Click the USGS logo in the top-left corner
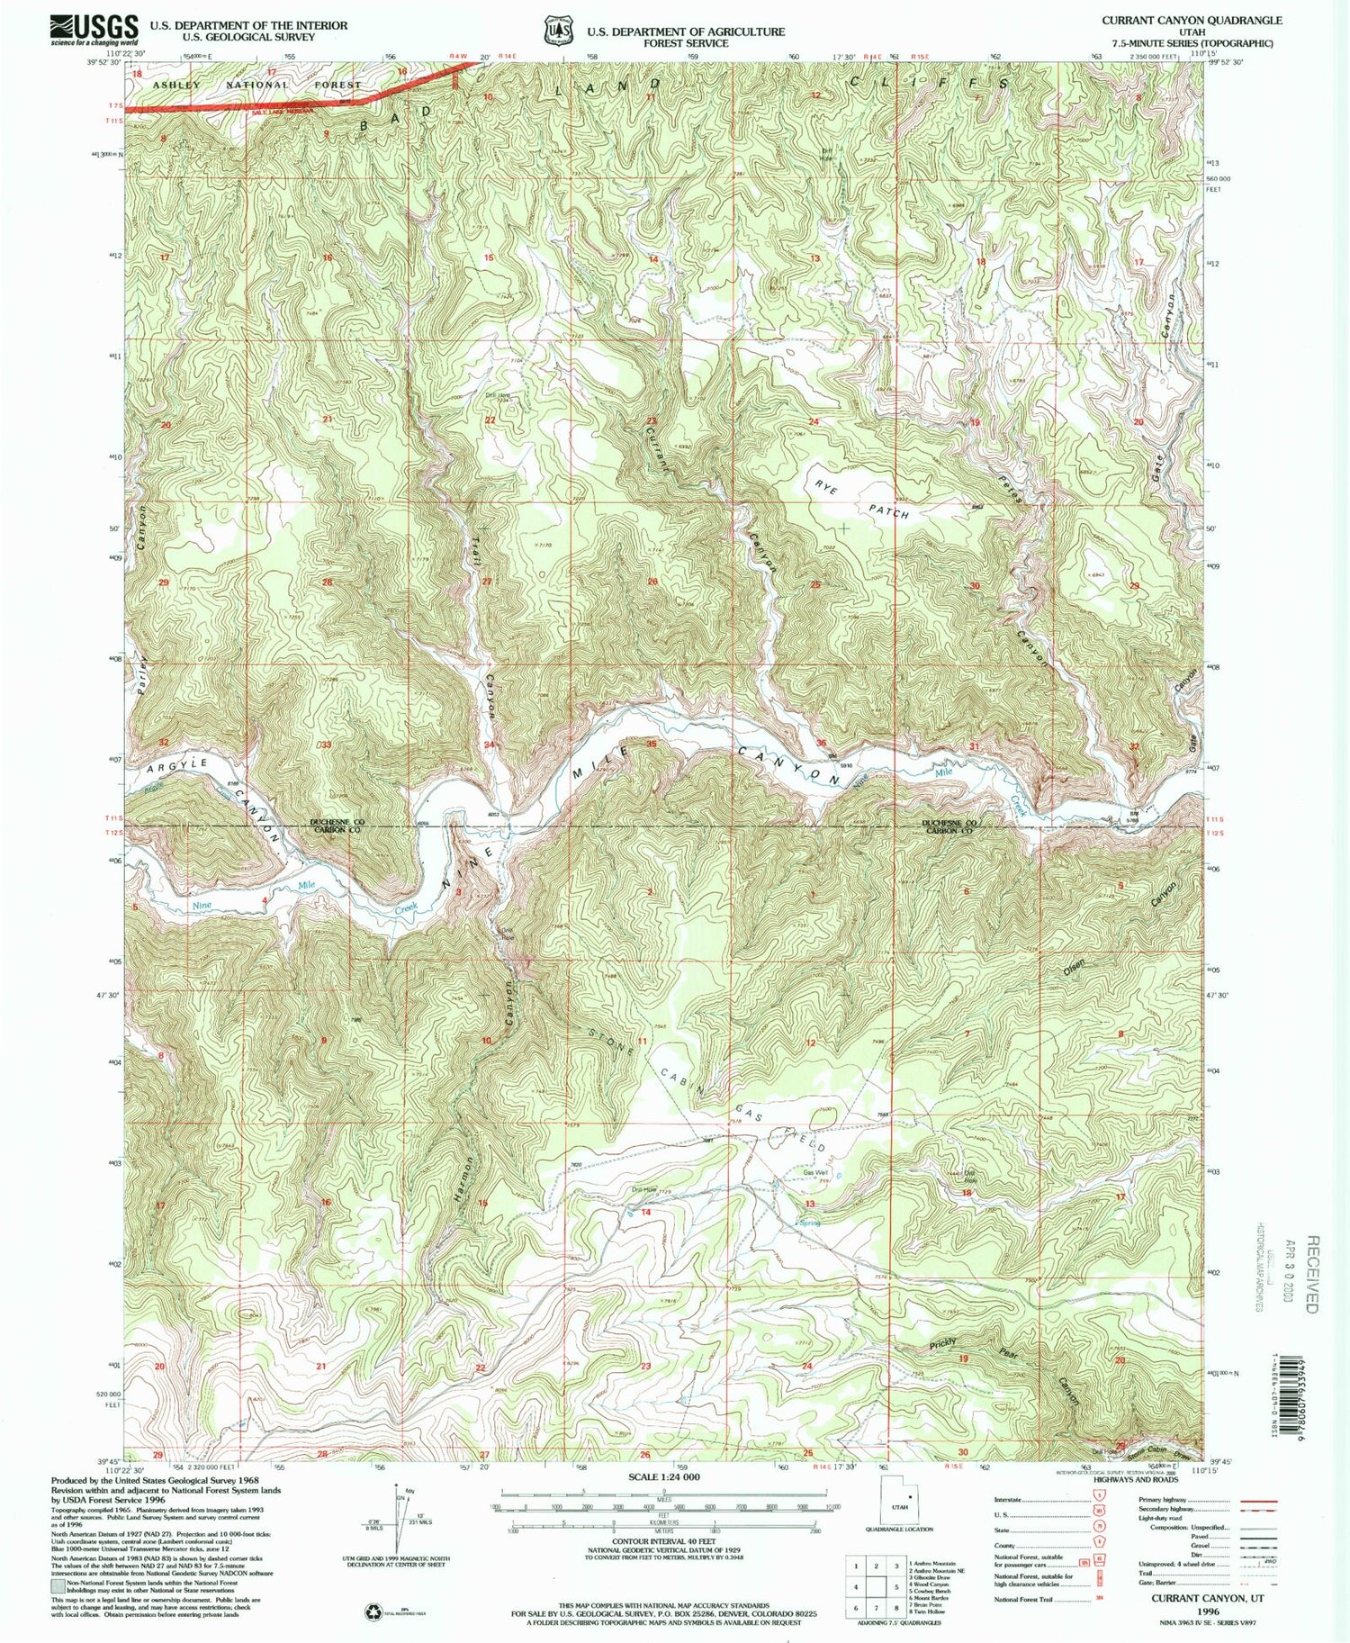[x=94, y=30]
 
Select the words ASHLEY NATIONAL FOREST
[x=256, y=85]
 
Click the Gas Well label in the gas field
[x=814, y=1173]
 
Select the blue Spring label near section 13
[x=810, y=1223]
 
